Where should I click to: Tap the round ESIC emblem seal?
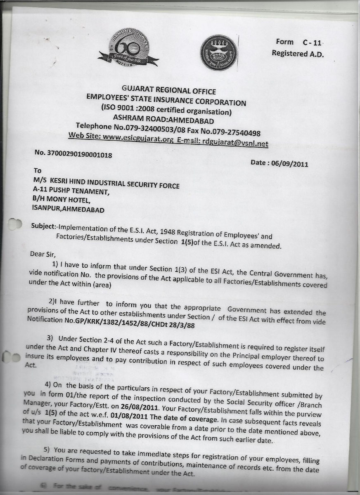[x=219, y=52]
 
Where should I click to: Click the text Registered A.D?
[x=298, y=54]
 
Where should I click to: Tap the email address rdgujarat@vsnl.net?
[x=234, y=143]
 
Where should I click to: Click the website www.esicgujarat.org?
[x=137, y=138]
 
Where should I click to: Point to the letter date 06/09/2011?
[x=289, y=163]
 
